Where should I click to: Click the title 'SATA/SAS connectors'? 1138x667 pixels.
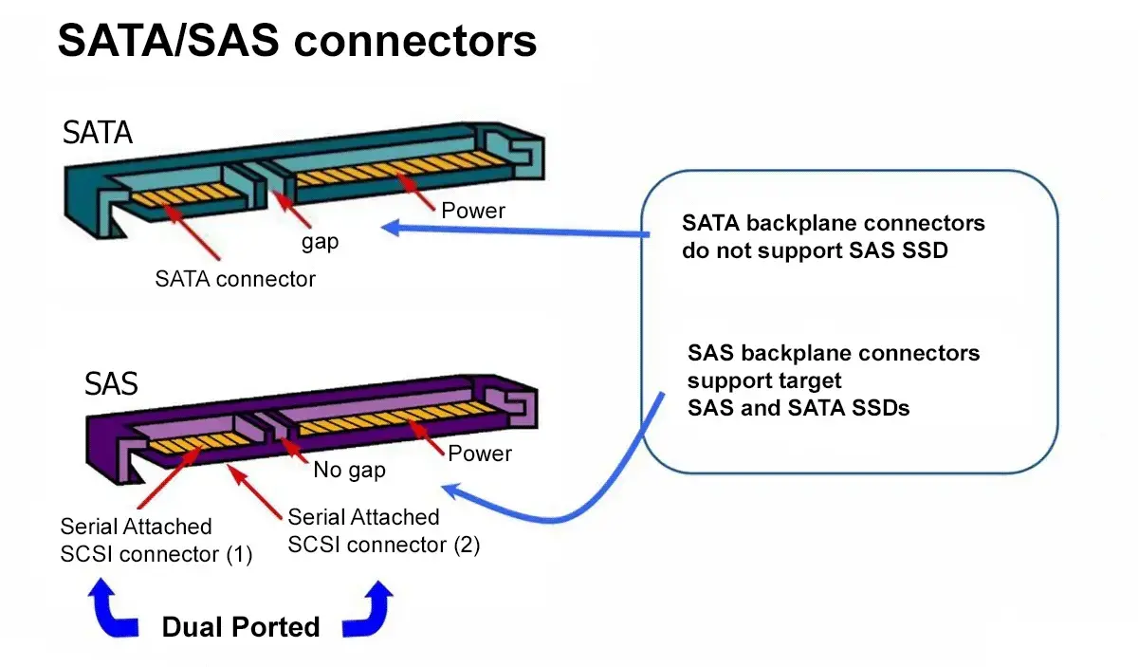297,42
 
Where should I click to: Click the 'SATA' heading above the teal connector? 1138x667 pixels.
98,132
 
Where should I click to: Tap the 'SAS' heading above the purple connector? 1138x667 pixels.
111,383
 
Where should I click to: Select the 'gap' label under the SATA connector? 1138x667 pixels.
320,242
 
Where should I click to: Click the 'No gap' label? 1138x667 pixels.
349,470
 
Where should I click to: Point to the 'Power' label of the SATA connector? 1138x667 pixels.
473,210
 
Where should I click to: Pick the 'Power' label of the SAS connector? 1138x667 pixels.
480,454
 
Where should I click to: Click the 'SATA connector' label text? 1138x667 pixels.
235,279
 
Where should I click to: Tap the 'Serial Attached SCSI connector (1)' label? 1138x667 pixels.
156,540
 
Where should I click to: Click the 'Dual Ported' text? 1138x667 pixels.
241,627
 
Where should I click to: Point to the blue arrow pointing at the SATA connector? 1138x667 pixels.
512,231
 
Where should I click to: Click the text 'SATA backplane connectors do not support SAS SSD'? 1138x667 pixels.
834,237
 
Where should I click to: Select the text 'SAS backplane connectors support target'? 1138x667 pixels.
834,366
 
